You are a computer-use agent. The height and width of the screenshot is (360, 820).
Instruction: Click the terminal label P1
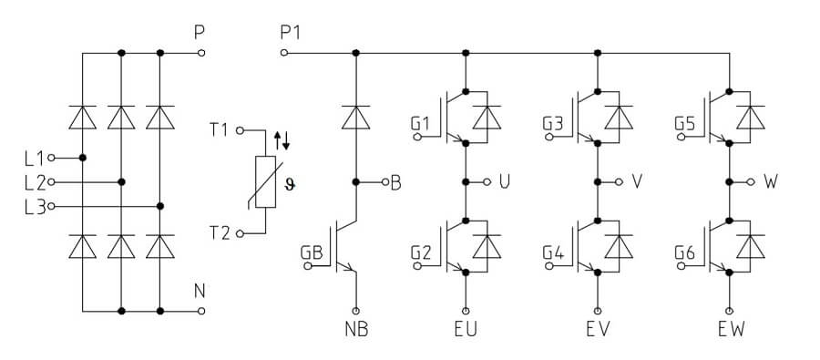point(291,33)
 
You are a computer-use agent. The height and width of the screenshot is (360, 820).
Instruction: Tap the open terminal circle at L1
point(51,158)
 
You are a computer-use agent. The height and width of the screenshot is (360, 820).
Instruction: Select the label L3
point(36,206)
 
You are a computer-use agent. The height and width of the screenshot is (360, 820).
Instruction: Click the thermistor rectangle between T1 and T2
point(266,181)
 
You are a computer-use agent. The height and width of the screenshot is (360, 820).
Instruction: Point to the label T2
point(220,233)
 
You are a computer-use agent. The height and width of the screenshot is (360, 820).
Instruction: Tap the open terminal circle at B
point(384,182)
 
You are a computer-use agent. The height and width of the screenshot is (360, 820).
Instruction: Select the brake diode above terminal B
point(356,118)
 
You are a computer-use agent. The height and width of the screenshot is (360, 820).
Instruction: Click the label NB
point(356,330)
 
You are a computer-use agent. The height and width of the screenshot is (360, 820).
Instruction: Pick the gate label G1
point(420,124)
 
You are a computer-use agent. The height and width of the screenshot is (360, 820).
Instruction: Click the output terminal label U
point(505,181)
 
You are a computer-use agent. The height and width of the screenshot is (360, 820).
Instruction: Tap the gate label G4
point(553,252)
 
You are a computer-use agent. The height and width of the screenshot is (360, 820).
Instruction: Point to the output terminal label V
point(637,181)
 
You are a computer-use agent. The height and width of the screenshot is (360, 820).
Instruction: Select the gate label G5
point(685,124)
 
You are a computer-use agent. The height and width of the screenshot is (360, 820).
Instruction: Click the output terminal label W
point(771,181)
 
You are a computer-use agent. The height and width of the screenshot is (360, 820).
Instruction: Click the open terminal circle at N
point(202,311)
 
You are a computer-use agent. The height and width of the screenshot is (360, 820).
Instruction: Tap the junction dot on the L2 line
point(121,182)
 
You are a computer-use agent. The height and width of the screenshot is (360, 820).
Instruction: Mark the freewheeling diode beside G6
point(751,246)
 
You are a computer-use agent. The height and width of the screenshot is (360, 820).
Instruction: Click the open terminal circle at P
point(202,53)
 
